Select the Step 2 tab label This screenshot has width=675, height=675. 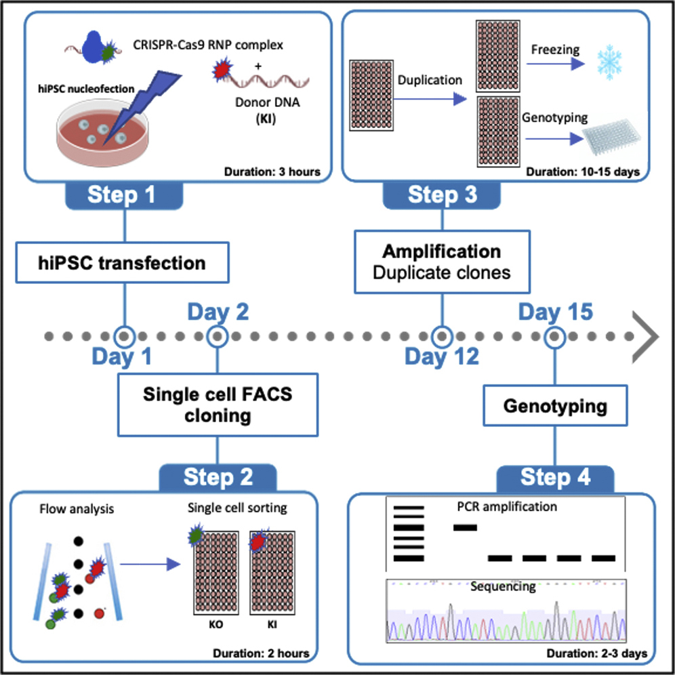(218, 477)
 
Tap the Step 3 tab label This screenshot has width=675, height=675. (442, 195)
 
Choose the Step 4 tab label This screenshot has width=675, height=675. (555, 477)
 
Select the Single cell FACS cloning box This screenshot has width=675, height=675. (218, 405)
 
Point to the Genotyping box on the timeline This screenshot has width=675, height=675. (554, 407)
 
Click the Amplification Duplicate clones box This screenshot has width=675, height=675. (442, 262)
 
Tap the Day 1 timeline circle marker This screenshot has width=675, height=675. (124, 335)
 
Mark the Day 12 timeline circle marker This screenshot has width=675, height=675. (442, 335)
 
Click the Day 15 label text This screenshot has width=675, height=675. (555, 312)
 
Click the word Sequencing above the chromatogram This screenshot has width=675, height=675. (504, 587)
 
